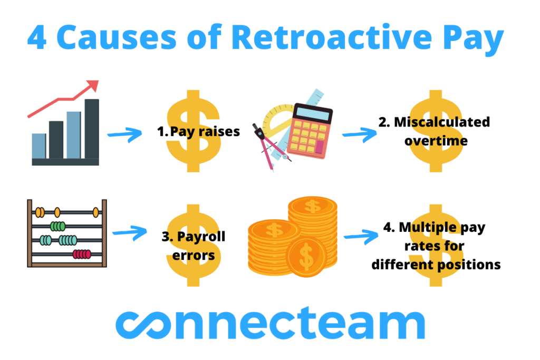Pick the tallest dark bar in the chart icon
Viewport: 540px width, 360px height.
pos(91,129)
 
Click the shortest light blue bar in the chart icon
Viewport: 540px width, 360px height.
pos(38,146)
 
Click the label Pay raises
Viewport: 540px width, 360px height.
pos(198,132)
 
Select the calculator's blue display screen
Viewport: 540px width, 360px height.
pos(313,113)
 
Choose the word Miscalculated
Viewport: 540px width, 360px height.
pos(434,122)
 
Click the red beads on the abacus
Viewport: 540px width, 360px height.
pos(82,254)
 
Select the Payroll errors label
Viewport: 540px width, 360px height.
pos(193,246)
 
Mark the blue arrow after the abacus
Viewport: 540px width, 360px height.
pos(129,231)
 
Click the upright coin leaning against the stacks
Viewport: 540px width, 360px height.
pos(306,257)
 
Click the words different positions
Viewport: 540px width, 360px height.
pos(436,265)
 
